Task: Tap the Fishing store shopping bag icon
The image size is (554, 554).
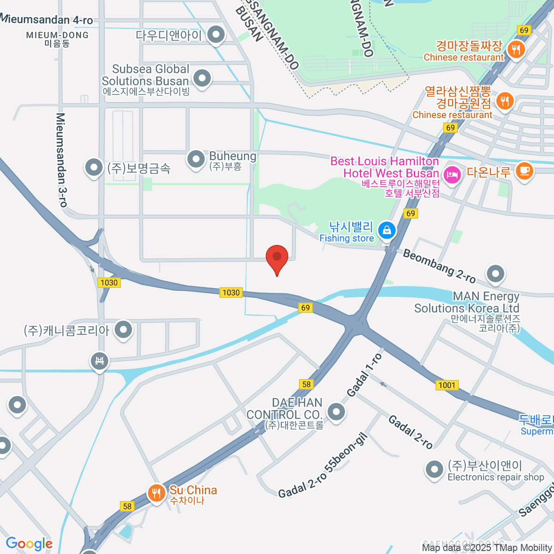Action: point(386,229)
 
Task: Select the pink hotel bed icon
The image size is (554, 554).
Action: point(452,175)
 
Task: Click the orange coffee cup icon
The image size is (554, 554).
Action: point(524,171)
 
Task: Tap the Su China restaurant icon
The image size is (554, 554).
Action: point(157,493)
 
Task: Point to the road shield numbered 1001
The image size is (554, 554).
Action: point(446,385)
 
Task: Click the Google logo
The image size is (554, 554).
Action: point(29,543)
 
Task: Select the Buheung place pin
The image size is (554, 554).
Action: point(196,159)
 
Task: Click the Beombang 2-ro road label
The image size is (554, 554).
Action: point(439,266)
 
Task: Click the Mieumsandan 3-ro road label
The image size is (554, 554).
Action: point(61,159)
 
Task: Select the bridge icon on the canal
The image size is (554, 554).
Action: point(99,361)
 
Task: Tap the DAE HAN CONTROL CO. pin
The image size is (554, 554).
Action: point(336,411)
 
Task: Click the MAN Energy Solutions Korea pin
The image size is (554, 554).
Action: point(495,273)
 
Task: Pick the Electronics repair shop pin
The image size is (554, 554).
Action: point(434,470)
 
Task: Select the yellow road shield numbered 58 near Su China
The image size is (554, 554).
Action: point(127,506)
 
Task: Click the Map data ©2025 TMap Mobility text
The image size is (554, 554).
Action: point(487,548)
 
